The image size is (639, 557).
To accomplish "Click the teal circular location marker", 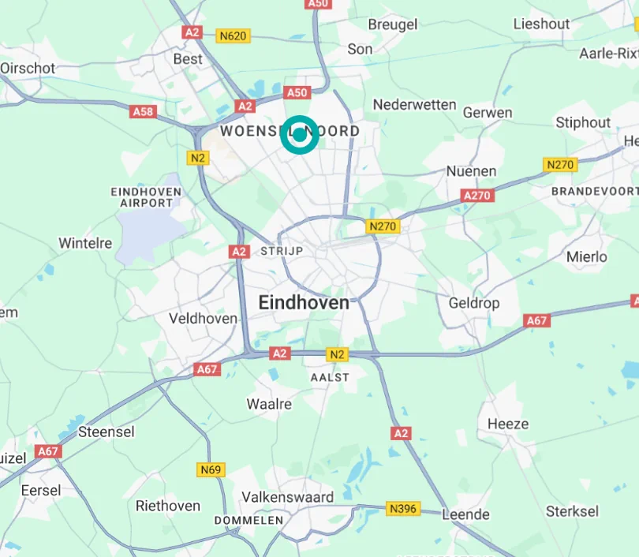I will click(300, 134).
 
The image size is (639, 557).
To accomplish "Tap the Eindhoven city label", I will click(304, 302).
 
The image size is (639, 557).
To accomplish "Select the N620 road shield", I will click(234, 36).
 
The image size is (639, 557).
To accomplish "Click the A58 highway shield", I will click(143, 111).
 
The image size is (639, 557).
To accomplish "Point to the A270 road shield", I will click(478, 195).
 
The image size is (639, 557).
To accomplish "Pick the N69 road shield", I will click(210, 470).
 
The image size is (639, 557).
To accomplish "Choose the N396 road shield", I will click(402, 509).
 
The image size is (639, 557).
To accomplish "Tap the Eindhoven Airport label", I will click(147, 197).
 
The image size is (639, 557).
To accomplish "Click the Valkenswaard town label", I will click(287, 497).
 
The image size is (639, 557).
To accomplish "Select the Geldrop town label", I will click(474, 303).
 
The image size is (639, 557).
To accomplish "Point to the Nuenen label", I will click(471, 171).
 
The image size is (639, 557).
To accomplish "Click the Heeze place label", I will click(508, 424).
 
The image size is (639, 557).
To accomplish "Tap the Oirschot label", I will click(28, 69).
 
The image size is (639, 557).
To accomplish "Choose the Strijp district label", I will click(276, 251).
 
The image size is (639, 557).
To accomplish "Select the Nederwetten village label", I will click(414, 104).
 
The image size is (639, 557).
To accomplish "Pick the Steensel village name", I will click(106, 432).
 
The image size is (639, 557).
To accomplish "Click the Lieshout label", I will click(541, 24).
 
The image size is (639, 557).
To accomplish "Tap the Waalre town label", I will click(269, 404).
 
